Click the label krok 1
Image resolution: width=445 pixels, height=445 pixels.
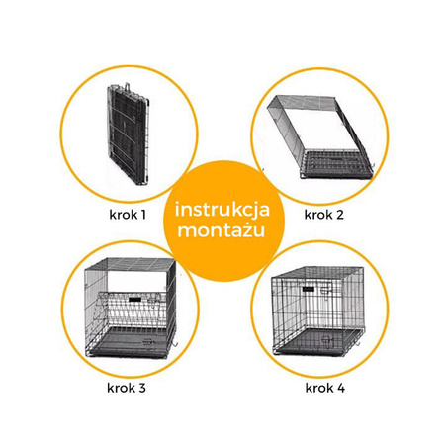pyautogui.click(x=128, y=215)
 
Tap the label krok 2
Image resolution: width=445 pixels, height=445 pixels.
pyautogui.click(x=323, y=215)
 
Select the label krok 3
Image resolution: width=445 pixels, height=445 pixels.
pyautogui.click(x=127, y=388)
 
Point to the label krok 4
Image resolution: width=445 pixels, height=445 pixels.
pyautogui.click(x=325, y=388)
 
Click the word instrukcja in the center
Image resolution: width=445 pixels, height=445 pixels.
pyautogui.click(x=222, y=210)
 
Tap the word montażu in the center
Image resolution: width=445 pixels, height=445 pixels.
pyautogui.click(x=222, y=230)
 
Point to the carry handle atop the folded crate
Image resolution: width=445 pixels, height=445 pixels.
pyautogui.click(x=127, y=87)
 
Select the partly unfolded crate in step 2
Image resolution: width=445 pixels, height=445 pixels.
pyautogui.click(x=319, y=136)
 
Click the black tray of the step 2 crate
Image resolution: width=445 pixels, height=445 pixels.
pyautogui.click(x=335, y=165)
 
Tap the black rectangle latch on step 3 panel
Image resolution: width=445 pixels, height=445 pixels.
pyautogui.click(x=134, y=300)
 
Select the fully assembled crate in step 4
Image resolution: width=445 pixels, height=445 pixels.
pyautogui.click(x=318, y=311)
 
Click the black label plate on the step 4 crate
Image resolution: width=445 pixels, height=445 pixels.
pyautogui.click(x=309, y=289)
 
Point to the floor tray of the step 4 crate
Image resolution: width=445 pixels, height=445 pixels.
pyautogui.click(x=317, y=342)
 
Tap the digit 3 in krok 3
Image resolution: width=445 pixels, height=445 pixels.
pyautogui.click(x=141, y=388)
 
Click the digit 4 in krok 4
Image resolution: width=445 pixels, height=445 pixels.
pyautogui.click(x=341, y=388)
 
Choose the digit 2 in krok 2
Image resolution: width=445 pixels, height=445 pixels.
pyautogui.click(x=340, y=215)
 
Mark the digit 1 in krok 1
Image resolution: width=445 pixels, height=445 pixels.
pyautogui.click(x=143, y=215)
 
